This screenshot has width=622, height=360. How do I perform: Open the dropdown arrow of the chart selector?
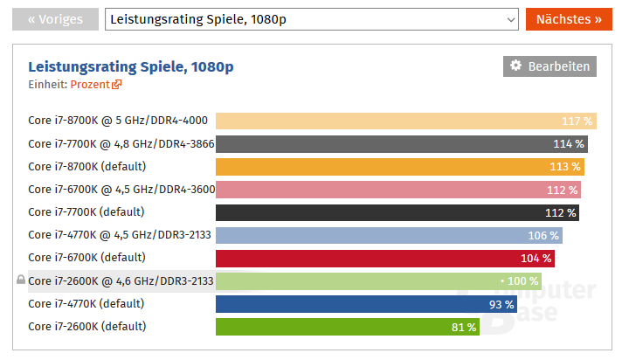point(510,18)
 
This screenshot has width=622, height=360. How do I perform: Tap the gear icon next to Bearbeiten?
point(515,66)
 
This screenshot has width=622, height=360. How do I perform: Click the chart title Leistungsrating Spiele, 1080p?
point(131,66)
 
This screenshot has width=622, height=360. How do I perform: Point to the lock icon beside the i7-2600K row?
point(20,280)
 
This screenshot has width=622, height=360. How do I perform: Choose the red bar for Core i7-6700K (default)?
point(384,258)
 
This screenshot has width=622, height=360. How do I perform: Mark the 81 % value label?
point(464,327)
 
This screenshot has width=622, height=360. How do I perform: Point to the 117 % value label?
point(577,121)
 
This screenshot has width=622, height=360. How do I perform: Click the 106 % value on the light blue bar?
point(543,235)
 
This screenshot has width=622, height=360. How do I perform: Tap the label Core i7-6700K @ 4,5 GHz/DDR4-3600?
point(121,189)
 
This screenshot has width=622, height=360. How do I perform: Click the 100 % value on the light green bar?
point(522,281)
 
